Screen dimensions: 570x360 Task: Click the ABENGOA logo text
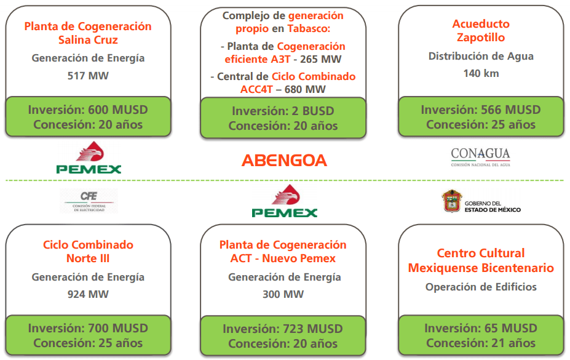tap(284, 161)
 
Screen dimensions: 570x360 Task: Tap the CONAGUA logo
tap(481, 157)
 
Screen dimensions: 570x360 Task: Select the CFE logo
tap(89, 201)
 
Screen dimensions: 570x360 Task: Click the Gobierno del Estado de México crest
tap(452, 201)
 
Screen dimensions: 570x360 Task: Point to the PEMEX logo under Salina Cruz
tap(89, 157)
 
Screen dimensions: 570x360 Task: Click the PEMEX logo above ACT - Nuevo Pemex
tap(284, 201)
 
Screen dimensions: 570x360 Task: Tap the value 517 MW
tap(88, 76)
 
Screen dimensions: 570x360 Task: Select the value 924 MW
tap(88, 294)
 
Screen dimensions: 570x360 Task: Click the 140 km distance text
tap(481, 73)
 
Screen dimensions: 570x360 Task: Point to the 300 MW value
tap(283, 294)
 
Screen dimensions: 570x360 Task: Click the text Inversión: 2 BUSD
tap(283, 111)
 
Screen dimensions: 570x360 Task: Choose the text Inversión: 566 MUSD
tap(481, 110)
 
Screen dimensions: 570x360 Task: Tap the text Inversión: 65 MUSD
tap(481, 328)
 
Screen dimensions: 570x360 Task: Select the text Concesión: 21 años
tap(481, 343)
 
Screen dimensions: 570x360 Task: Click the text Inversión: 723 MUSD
tap(283, 329)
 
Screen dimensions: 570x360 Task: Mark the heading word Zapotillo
tap(481, 38)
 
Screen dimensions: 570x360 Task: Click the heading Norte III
tap(88, 258)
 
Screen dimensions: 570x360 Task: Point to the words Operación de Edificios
tap(481, 287)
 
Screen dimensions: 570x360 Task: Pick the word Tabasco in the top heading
tap(309, 28)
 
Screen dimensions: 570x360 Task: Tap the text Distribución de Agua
tap(481, 56)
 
